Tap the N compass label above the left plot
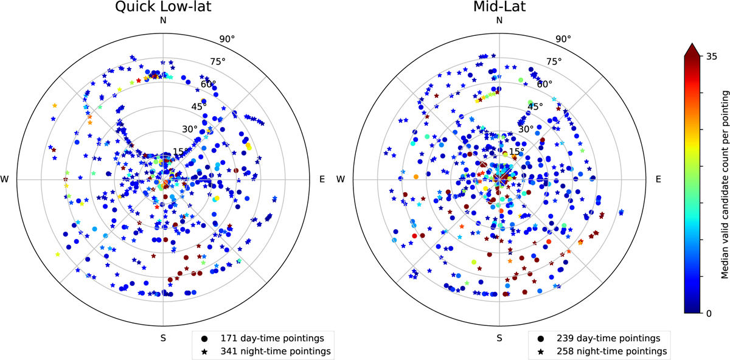[162, 20]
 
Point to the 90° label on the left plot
[227, 40]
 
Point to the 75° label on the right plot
[554, 61]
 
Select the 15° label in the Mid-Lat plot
[516, 151]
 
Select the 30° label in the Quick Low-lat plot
[189, 129]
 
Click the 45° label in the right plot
[535, 106]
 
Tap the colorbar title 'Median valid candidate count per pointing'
[725, 182]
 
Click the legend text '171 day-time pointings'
[268, 338]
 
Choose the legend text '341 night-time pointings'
[271, 351]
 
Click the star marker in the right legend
[541, 351]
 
